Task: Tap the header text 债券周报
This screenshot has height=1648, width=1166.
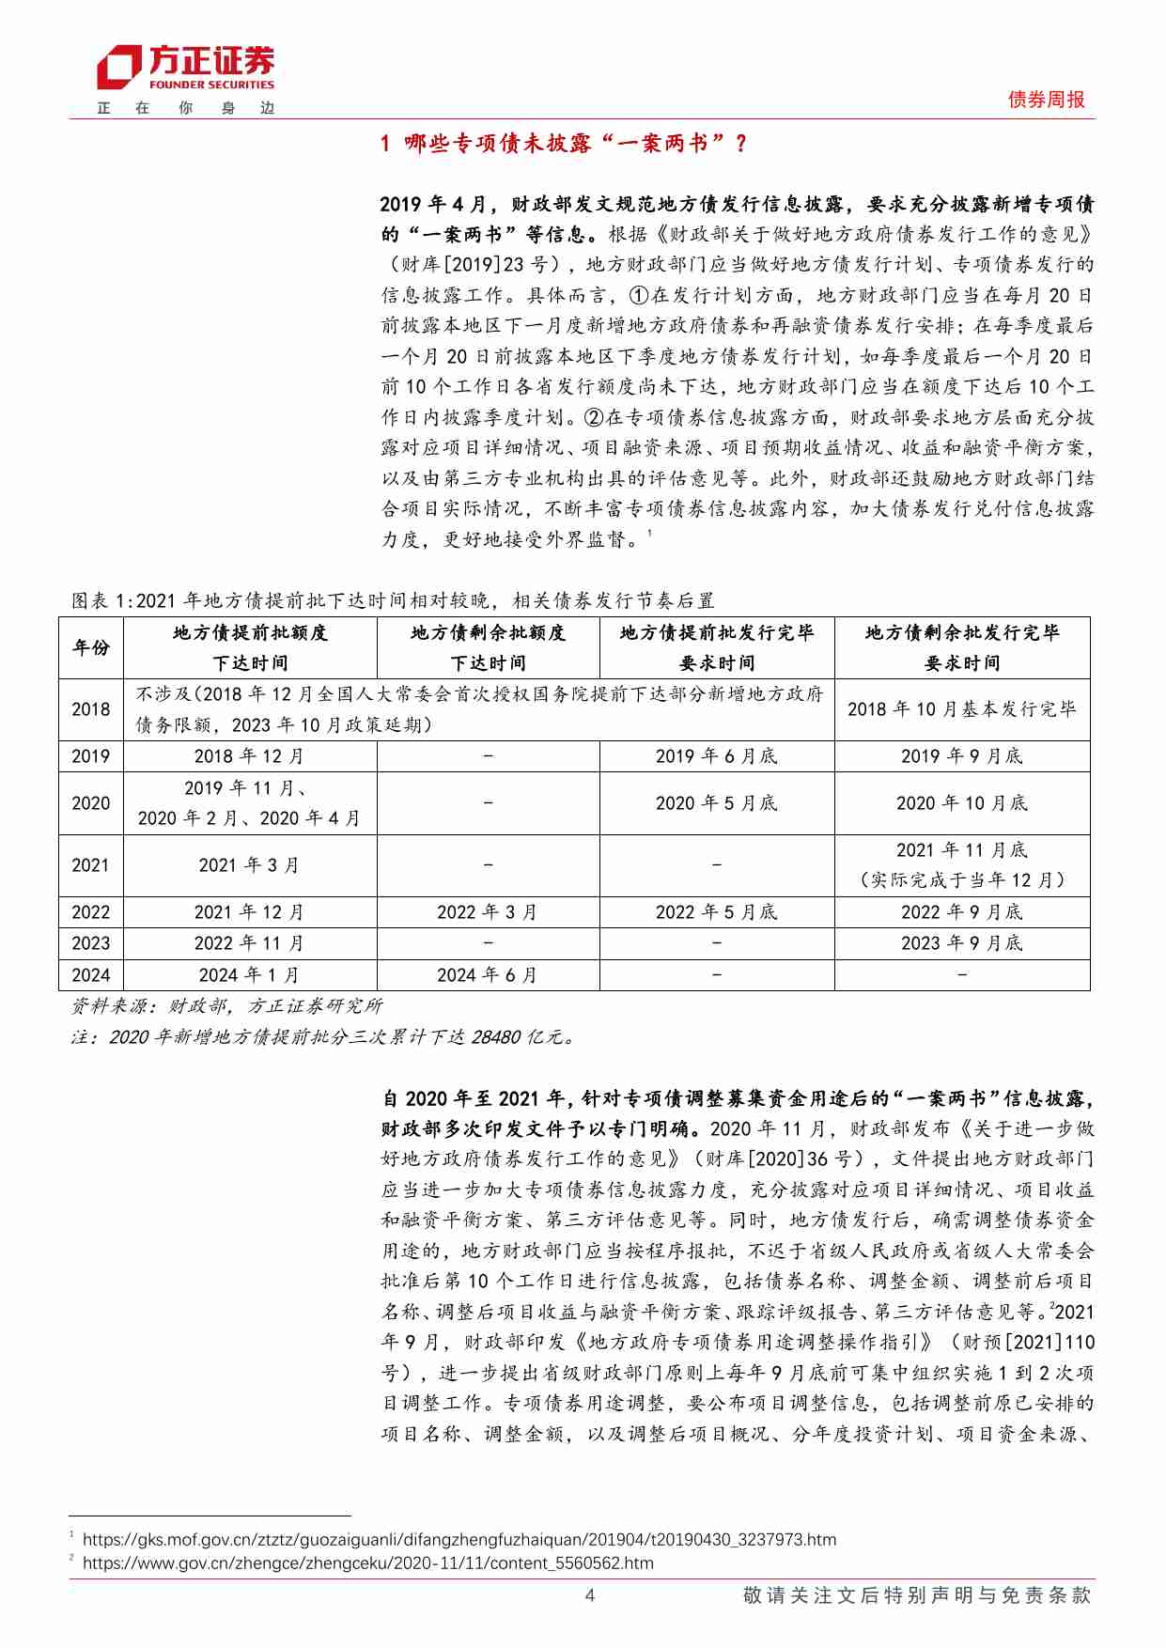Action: (x=1046, y=100)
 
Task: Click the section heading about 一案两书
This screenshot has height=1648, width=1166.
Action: (x=564, y=143)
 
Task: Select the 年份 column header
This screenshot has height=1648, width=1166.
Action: (x=91, y=647)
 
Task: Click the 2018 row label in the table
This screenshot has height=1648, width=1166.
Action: (x=91, y=709)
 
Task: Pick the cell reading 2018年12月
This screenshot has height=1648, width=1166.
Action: (x=249, y=756)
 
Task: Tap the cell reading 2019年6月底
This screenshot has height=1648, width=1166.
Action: (x=716, y=756)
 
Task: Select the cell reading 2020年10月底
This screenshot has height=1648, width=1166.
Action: (x=961, y=803)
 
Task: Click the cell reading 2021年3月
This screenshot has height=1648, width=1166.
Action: (x=249, y=865)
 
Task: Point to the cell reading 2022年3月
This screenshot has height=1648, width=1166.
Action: (x=487, y=912)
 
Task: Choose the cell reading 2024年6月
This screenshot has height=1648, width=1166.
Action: (x=487, y=975)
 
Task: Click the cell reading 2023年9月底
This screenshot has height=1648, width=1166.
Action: (x=961, y=943)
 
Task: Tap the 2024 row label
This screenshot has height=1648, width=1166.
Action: (x=91, y=975)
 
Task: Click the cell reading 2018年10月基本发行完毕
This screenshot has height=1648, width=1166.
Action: (x=961, y=709)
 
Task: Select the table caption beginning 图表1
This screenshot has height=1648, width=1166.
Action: (x=393, y=600)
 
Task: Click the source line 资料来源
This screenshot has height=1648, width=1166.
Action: (x=227, y=1006)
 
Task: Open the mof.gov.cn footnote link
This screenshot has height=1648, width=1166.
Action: (x=459, y=1539)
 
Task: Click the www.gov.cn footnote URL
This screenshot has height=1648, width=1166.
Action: (x=367, y=1562)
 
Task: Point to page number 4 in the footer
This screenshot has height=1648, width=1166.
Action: (x=589, y=1595)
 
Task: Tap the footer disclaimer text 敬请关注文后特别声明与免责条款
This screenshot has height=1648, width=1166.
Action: (x=916, y=1595)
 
